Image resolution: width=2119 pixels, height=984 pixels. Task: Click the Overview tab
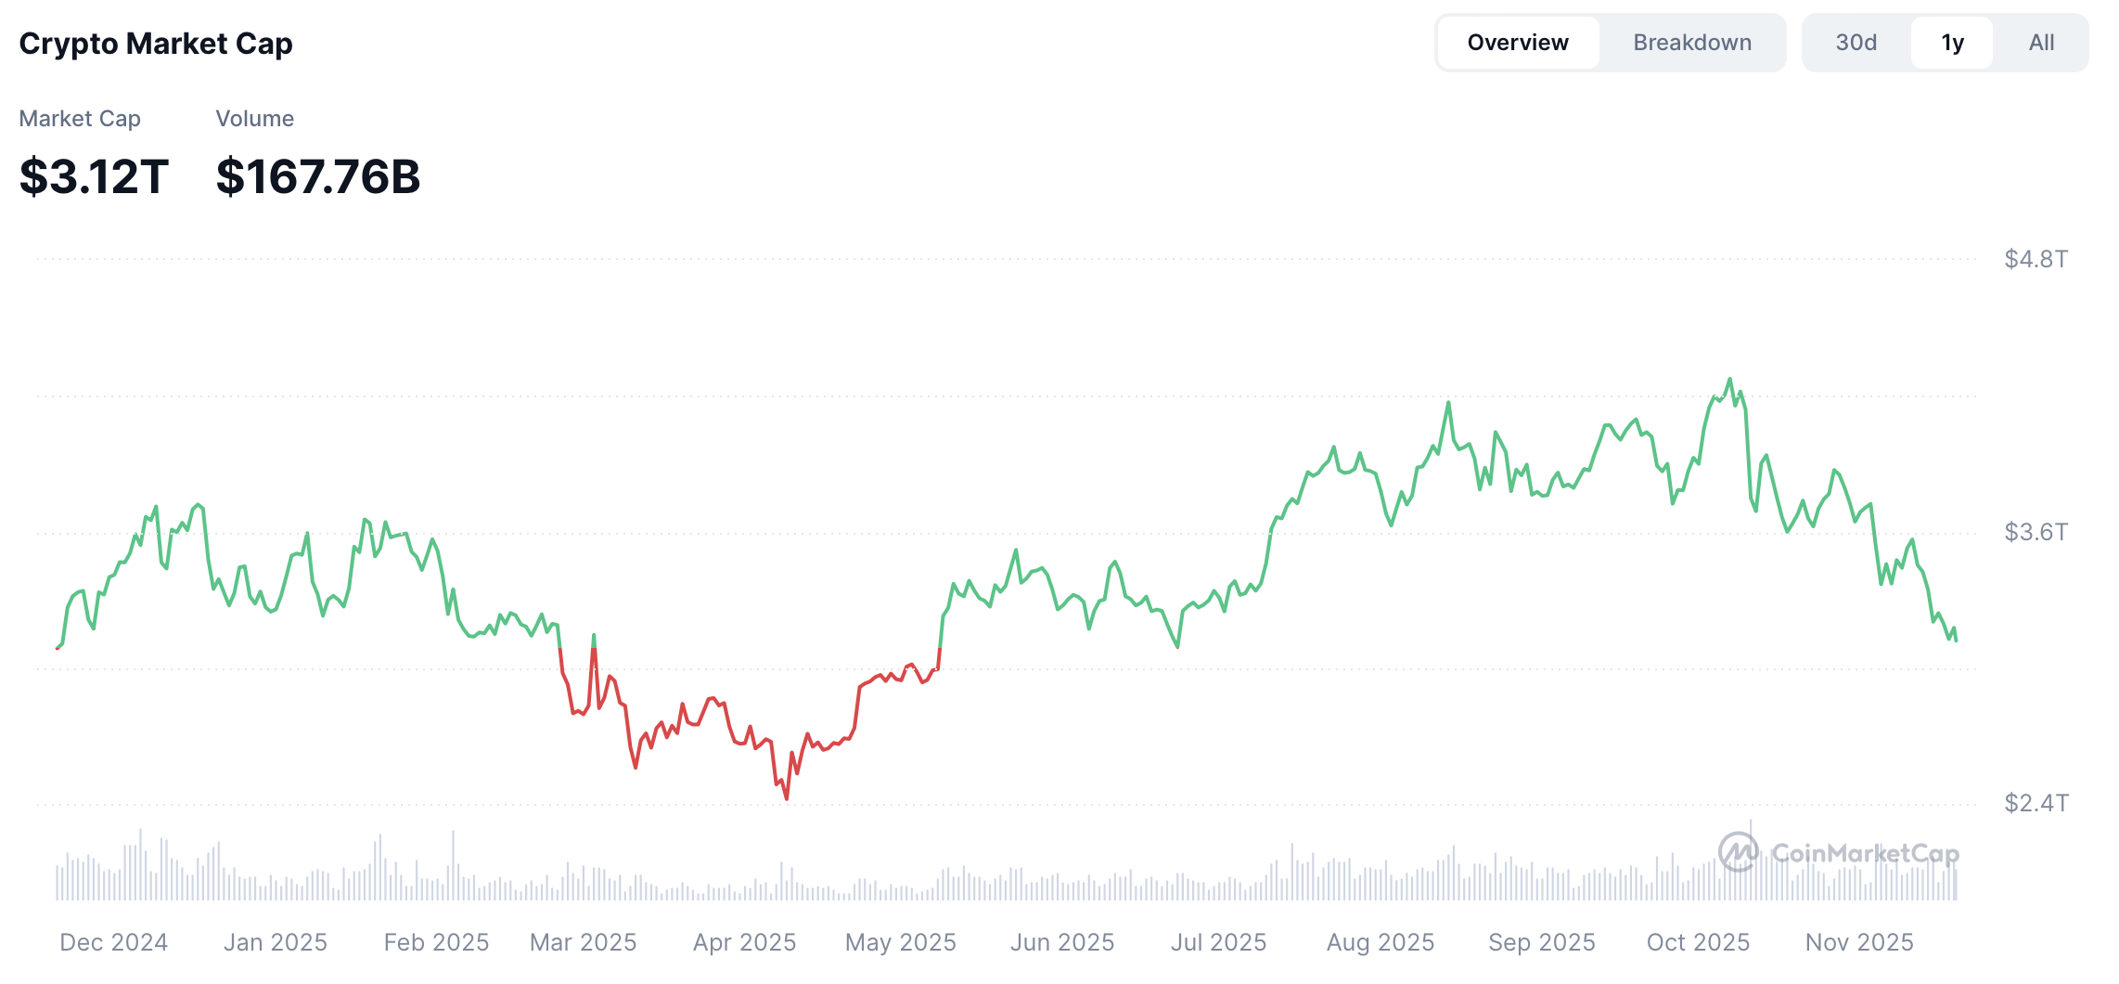(x=1518, y=43)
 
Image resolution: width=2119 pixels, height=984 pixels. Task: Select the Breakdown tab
(x=1692, y=43)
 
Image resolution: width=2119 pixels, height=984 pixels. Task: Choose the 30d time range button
(x=1856, y=43)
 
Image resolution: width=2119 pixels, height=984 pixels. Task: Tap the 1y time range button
(x=1952, y=43)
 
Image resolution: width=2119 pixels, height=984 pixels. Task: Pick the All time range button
(x=2041, y=43)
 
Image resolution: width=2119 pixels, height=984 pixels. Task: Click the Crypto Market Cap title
(x=156, y=44)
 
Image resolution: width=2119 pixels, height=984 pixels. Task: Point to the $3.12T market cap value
(x=94, y=176)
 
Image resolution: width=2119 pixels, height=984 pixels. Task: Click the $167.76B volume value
(x=318, y=176)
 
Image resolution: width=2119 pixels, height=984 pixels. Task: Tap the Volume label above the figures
(x=254, y=119)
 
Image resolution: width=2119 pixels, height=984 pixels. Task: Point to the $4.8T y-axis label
(x=2036, y=259)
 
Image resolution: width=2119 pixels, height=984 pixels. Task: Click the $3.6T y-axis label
(x=2036, y=532)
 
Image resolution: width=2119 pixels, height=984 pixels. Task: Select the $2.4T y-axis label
(x=2036, y=803)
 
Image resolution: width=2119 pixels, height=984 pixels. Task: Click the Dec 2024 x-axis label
(x=113, y=942)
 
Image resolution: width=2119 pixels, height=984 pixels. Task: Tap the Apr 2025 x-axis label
(x=744, y=942)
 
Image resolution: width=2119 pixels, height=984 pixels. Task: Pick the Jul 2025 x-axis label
(x=1218, y=942)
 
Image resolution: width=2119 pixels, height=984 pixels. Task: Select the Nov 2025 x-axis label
(x=1859, y=942)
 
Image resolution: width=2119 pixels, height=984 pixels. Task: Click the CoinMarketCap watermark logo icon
(x=1738, y=851)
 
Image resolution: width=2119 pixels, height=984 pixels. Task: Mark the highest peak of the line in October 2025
(x=1729, y=379)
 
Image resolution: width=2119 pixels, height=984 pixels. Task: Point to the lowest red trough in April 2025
(x=787, y=798)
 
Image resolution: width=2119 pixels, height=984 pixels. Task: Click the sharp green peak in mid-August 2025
(x=1448, y=402)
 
